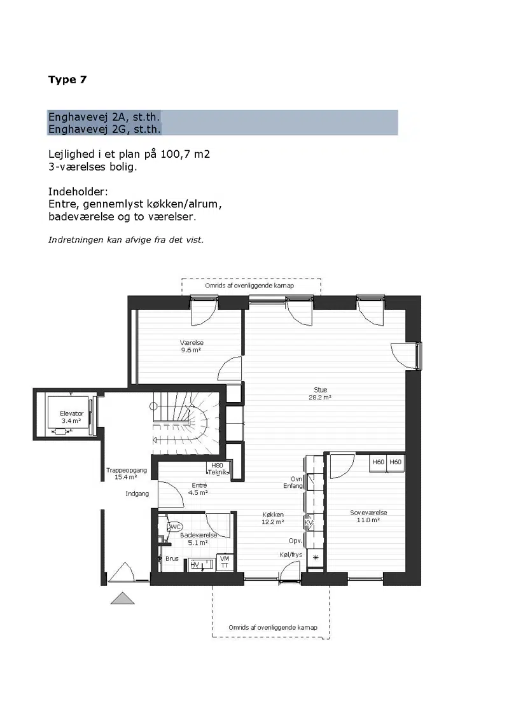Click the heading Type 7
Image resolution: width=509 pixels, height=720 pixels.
pyautogui.click(x=67, y=80)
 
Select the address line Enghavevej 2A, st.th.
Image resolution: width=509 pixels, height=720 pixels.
pyautogui.click(x=104, y=117)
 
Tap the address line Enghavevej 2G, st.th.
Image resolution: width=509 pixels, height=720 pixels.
pyautogui.click(x=105, y=130)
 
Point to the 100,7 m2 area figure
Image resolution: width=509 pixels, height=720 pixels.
pyautogui.click(x=185, y=155)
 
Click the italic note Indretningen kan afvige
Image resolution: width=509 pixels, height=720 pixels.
pyautogui.click(x=126, y=240)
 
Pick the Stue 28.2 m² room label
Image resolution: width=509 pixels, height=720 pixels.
pyautogui.click(x=320, y=394)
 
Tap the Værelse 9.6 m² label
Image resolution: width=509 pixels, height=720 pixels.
pyautogui.click(x=192, y=346)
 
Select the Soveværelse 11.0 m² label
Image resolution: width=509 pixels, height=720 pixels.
pyautogui.click(x=368, y=516)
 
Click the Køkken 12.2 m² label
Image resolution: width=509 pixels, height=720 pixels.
pyautogui.click(x=273, y=518)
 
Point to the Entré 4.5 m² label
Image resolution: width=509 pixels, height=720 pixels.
pyautogui.click(x=199, y=489)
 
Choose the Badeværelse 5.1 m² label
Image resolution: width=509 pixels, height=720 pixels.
pyautogui.click(x=199, y=539)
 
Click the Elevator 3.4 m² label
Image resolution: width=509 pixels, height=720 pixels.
pyautogui.click(x=72, y=417)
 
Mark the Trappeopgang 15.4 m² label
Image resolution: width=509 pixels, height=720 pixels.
pyautogui.click(x=127, y=473)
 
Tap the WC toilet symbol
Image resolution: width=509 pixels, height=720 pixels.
pyautogui.click(x=174, y=527)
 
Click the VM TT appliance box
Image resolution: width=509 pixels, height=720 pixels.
pyautogui.click(x=225, y=562)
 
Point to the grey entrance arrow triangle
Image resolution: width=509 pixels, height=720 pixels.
pyautogui.click(x=123, y=599)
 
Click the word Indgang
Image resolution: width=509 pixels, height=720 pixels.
pyautogui.click(x=137, y=494)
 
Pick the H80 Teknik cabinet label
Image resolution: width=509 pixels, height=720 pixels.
pyautogui.click(x=218, y=469)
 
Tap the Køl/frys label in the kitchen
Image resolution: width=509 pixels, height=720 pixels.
pyautogui.click(x=291, y=555)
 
